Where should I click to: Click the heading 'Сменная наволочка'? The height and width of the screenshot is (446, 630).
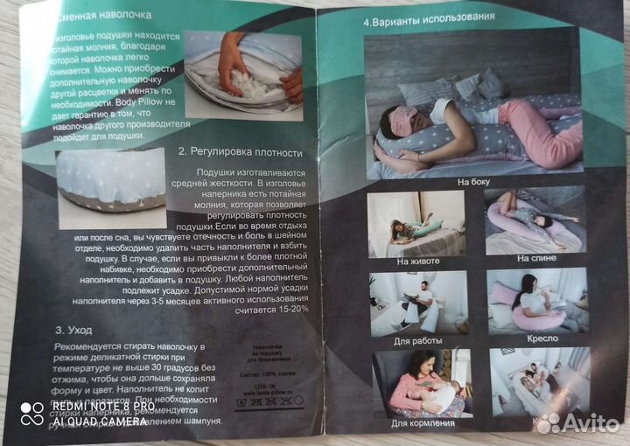pyautogui.click(x=106, y=16)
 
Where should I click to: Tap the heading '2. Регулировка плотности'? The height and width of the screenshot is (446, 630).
pyautogui.click(x=233, y=151)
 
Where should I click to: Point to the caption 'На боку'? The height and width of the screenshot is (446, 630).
pyautogui.click(x=473, y=182)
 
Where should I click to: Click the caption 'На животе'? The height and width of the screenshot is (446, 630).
pyautogui.click(x=417, y=260)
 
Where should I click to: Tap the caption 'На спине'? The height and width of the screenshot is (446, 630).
pyautogui.click(x=535, y=258)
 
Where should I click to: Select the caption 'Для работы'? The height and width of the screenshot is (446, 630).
pyautogui.click(x=417, y=340)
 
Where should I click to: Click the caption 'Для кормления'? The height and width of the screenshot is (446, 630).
pyautogui.click(x=422, y=423)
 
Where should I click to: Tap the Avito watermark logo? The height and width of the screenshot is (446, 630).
pyautogui.click(x=577, y=423)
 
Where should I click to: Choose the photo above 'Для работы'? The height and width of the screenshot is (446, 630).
pyautogui.click(x=417, y=303)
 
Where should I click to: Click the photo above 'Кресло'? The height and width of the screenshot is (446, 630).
pyautogui.click(x=537, y=301)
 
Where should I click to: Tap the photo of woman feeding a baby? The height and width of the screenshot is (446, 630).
pyautogui.click(x=422, y=383)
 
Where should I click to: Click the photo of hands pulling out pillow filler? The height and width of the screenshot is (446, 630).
pyautogui.click(x=243, y=74)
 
